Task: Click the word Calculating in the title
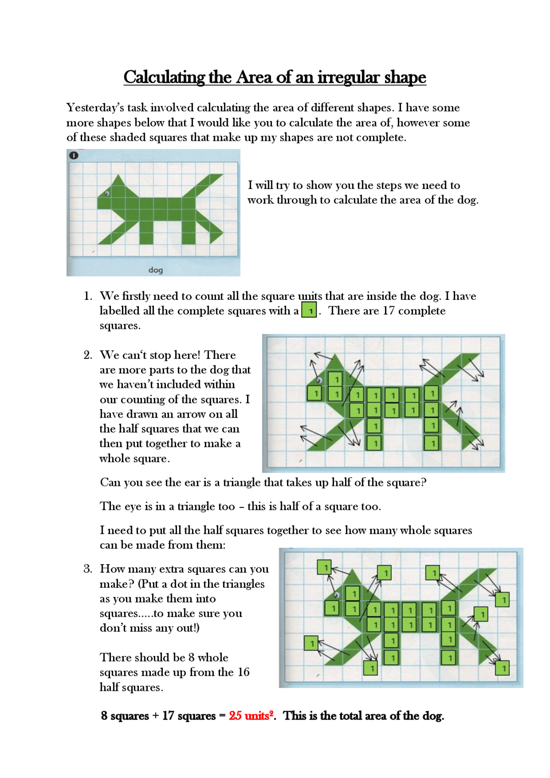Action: pyautogui.click(x=164, y=77)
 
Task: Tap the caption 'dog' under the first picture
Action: pyautogui.click(x=156, y=270)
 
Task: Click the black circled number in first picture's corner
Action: pyautogui.click(x=73, y=155)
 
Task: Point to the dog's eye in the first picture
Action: pyautogui.click(x=107, y=194)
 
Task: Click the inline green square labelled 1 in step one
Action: pyautogui.click(x=309, y=310)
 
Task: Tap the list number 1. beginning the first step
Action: pyautogui.click(x=88, y=296)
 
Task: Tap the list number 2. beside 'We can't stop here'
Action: pyautogui.click(x=88, y=355)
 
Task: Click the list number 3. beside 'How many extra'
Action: pyautogui.click(x=88, y=569)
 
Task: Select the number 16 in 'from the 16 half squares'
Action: pyautogui.click(x=243, y=672)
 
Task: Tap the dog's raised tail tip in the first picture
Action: pyautogui.click(x=222, y=175)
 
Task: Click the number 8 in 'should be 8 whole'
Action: pyautogui.click(x=191, y=657)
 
